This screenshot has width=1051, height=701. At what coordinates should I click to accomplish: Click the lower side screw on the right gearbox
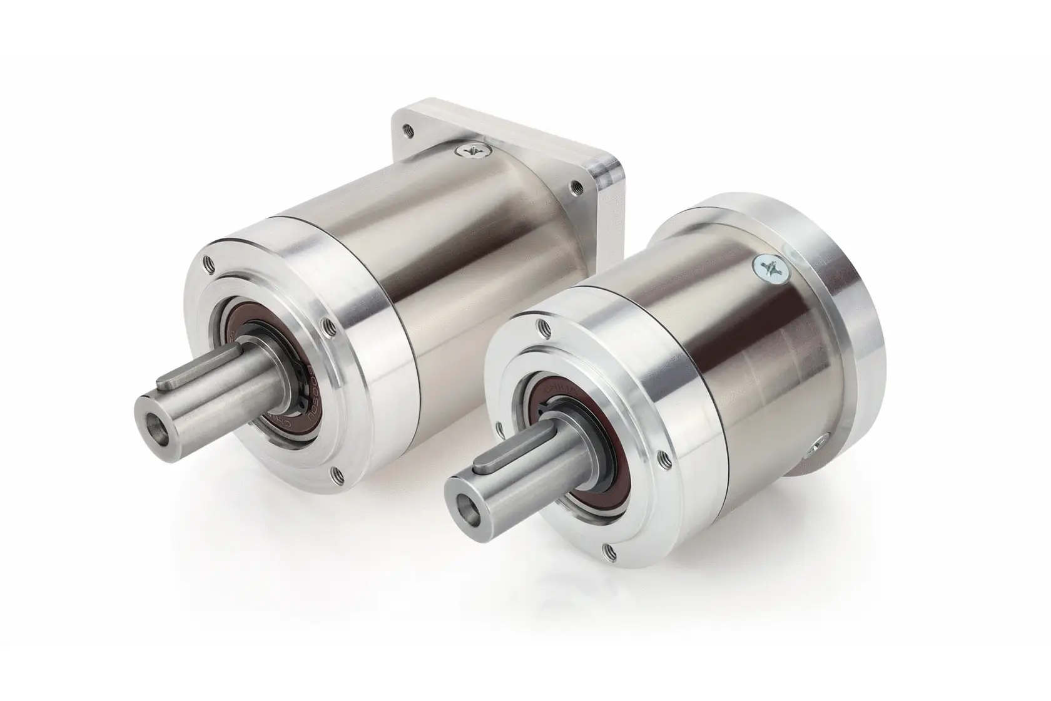click(x=818, y=446)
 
